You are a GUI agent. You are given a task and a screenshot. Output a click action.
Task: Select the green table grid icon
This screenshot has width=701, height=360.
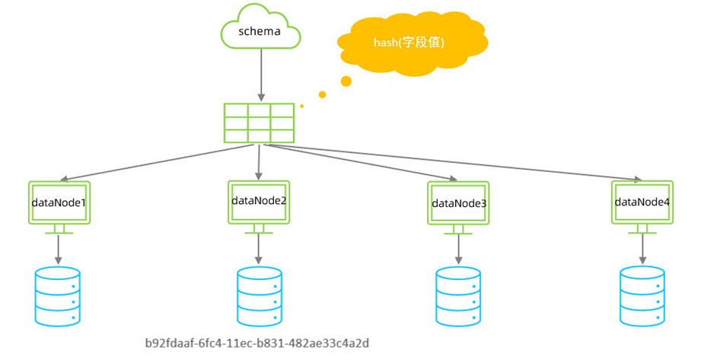[x=259, y=123]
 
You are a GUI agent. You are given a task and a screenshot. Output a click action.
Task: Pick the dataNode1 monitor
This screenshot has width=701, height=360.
[x=59, y=203]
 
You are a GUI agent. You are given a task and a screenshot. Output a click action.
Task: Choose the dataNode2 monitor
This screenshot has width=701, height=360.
[x=258, y=202]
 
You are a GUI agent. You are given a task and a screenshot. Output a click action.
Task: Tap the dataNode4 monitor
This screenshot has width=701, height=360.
[x=642, y=202]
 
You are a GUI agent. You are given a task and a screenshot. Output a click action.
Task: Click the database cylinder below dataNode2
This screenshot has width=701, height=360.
[x=259, y=296]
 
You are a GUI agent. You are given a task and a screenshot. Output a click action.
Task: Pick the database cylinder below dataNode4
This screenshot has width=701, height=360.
[x=642, y=296]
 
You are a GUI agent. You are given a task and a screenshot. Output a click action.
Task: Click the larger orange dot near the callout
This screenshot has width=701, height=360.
[x=346, y=81]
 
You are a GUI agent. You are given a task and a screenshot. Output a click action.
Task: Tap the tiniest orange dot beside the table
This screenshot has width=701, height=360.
[x=301, y=106]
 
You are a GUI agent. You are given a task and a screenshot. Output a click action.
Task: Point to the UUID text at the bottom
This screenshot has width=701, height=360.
[x=262, y=343]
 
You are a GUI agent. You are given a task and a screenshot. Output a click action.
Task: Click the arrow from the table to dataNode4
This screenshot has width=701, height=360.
[x=457, y=164]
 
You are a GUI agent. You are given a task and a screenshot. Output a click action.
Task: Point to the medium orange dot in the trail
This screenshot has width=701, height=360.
[x=322, y=94]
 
